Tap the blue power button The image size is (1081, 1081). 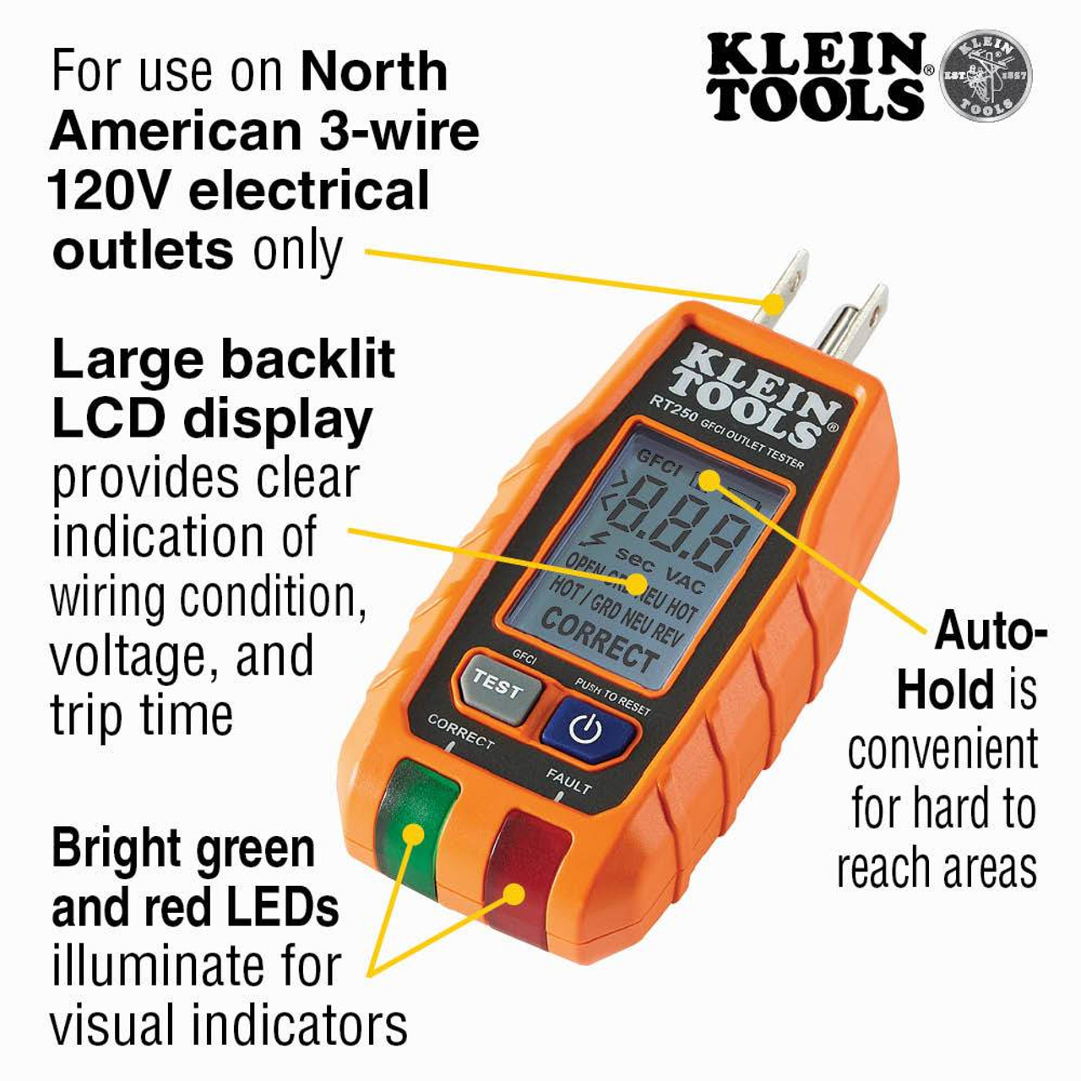587,728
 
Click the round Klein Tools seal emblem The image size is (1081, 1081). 986,75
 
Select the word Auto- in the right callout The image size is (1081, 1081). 991,631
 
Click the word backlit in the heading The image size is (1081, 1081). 309,361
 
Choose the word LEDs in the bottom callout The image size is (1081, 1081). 282,909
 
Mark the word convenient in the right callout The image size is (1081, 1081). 942,750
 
